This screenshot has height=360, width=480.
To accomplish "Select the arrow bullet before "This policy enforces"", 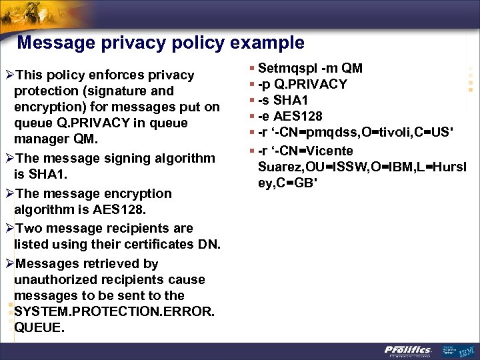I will point(9,75).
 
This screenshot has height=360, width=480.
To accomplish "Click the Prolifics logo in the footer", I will point(408,350).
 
